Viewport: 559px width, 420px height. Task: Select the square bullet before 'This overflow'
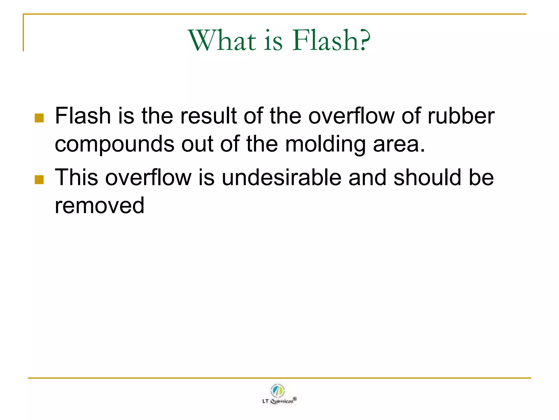pos(39,180)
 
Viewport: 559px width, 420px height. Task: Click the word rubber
pos(461,116)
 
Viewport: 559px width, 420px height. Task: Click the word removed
pos(99,206)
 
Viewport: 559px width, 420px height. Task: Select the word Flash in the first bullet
pos(83,116)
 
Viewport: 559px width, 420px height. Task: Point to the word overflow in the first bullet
pos(351,116)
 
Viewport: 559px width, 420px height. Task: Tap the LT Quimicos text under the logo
pos(278,401)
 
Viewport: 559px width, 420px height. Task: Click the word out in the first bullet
pos(197,144)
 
